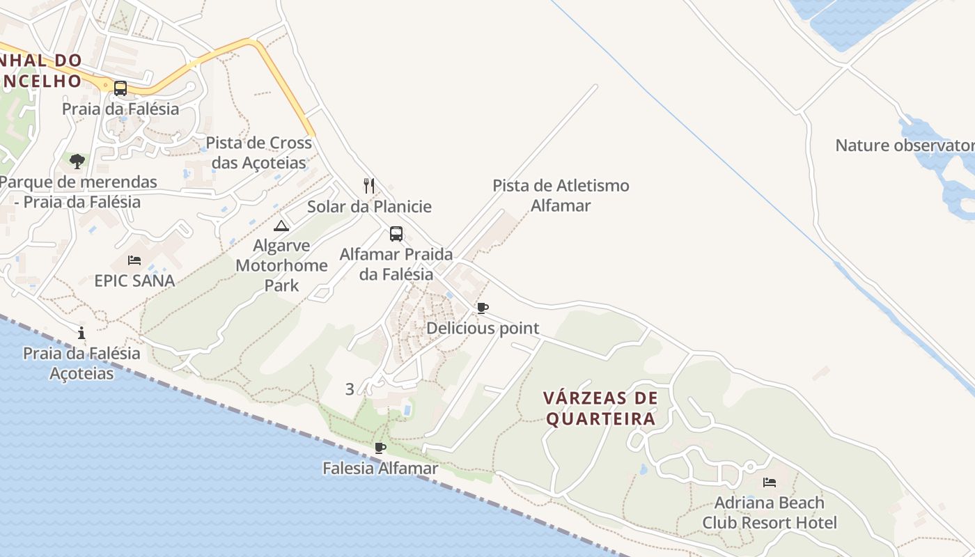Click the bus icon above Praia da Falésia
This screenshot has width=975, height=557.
(x=120, y=88)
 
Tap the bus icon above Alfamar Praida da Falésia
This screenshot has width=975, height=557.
(x=396, y=234)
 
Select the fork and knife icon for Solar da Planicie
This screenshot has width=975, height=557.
(x=369, y=186)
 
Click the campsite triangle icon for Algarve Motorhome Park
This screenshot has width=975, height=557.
(x=281, y=226)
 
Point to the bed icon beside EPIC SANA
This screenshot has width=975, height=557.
(x=134, y=260)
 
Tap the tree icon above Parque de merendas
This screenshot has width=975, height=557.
(x=77, y=162)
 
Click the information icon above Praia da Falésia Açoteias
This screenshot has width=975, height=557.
(x=81, y=333)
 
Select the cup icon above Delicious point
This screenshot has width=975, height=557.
(x=483, y=308)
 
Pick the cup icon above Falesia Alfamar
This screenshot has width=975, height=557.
(x=380, y=448)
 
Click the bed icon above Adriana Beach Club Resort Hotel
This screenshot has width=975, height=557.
(x=770, y=482)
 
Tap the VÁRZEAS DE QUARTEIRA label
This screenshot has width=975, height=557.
(x=600, y=408)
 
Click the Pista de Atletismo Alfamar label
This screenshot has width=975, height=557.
(x=561, y=196)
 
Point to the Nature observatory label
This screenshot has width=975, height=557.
(x=905, y=146)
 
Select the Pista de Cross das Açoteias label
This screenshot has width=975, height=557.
(x=259, y=153)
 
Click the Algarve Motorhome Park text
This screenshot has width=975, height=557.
(x=281, y=265)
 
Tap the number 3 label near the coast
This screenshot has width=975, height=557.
(x=350, y=389)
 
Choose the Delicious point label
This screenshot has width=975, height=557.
(x=483, y=328)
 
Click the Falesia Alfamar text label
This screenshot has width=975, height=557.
(x=380, y=469)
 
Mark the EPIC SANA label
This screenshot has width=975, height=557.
(x=134, y=281)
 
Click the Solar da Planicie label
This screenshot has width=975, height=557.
(x=369, y=207)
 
